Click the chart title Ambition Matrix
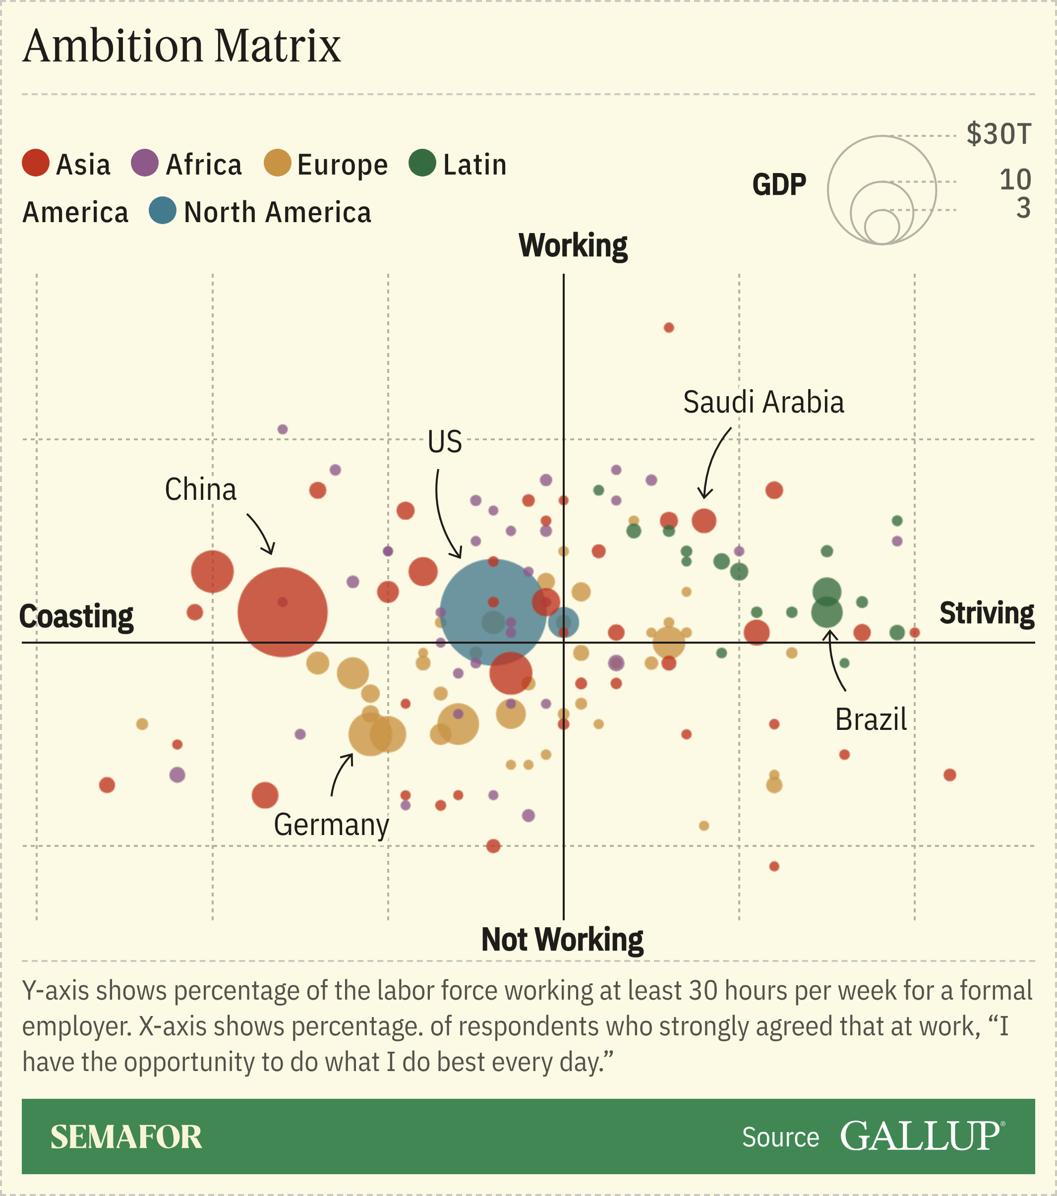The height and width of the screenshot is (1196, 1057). tap(181, 47)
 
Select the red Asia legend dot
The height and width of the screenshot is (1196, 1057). tap(36, 163)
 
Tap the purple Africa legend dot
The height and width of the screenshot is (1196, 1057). tap(144, 163)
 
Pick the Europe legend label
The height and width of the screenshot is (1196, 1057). tap(342, 165)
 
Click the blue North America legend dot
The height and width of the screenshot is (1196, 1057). tap(163, 211)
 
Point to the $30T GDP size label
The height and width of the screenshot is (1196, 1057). tap(998, 134)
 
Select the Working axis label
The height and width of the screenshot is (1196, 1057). tap(573, 246)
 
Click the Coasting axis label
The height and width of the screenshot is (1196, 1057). tap(77, 617)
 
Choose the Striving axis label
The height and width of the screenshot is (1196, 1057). tap(986, 613)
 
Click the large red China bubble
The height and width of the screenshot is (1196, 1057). tap(283, 612)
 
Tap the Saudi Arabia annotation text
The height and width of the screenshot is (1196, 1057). tap(763, 403)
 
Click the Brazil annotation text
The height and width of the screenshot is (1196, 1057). tap(871, 719)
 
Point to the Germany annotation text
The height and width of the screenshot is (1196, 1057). tap(331, 825)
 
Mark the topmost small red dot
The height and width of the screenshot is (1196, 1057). tap(669, 328)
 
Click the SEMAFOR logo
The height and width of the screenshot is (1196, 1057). tap(126, 1137)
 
